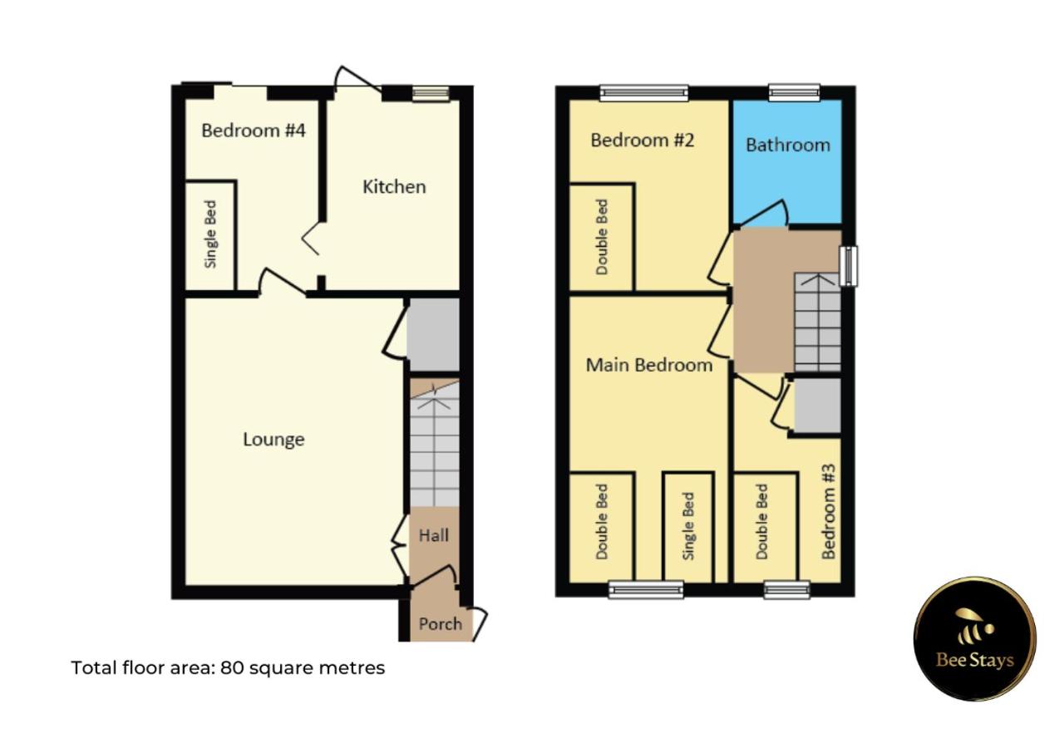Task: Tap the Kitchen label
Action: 394,186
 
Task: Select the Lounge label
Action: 273,439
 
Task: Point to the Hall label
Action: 433,536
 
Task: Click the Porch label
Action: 440,623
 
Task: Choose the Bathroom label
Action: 787,145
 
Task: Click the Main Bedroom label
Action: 649,365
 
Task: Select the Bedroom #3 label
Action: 828,523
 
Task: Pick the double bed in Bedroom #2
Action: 602,237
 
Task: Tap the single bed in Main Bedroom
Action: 687,527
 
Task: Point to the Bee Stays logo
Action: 974,638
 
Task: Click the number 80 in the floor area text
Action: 232,667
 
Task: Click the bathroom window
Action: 794,92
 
